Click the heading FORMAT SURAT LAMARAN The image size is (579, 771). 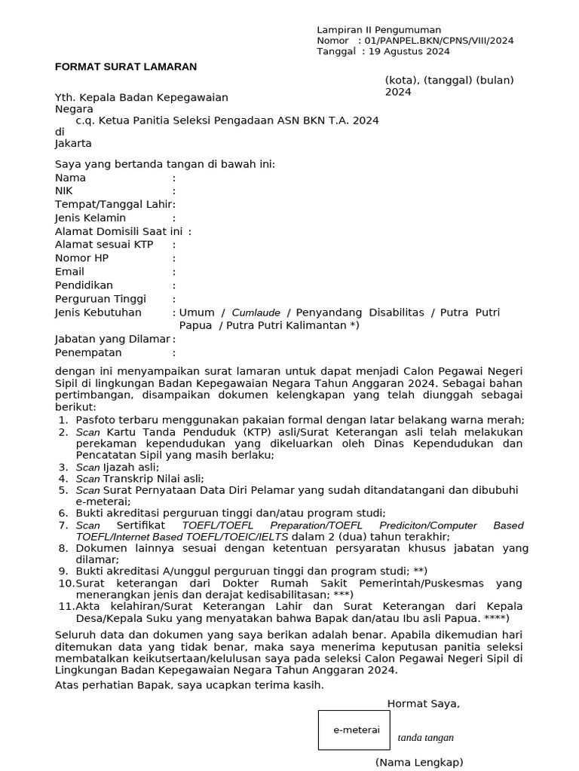[x=126, y=66]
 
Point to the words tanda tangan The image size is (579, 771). [x=426, y=738]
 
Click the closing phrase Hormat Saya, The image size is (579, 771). [x=423, y=703]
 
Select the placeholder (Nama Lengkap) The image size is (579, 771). [x=419, y=762]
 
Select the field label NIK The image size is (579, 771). [x=64, y=191]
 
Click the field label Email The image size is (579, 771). [x=69, y=271]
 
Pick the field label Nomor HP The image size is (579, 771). [x=81, y=258]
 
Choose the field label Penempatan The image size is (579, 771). [x=88, y=352]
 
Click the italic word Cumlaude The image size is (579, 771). [x=256, y=312]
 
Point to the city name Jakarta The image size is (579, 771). [x=73, y=143]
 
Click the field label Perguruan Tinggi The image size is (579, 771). [x=100, y=299]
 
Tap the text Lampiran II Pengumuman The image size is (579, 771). [x=378, y=29]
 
